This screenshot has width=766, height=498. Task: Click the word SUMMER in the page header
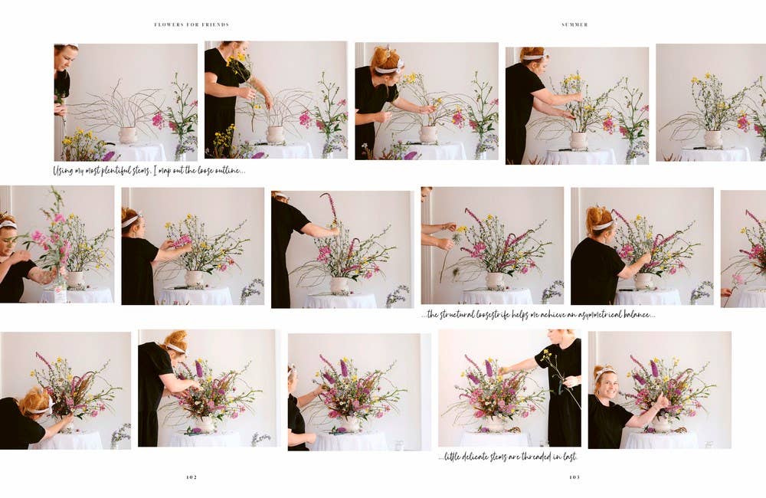pos(574,25)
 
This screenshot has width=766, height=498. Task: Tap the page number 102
pos(191,477)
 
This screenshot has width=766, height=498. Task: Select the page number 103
pos(574,477)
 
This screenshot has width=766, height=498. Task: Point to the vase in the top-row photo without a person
pos(712,139)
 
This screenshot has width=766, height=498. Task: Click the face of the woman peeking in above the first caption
pos(61,61)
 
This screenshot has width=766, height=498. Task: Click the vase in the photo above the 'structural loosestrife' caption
pos(495,280)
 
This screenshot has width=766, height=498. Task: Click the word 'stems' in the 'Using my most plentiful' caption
pos(155,170)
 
